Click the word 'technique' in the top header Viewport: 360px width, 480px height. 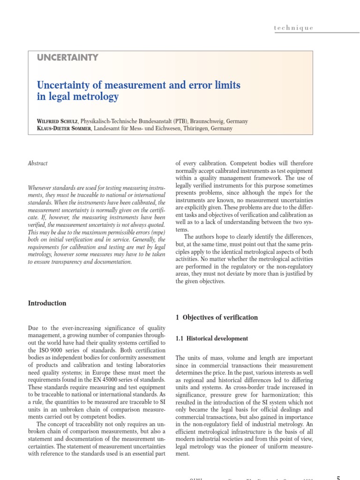pos(293,28)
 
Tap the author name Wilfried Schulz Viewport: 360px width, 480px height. pos(58,121)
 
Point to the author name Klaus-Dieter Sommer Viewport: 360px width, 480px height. pos(65,128)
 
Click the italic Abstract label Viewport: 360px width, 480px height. pos(38,163)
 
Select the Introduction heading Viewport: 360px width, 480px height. pos(47,303)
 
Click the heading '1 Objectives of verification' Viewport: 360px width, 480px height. pos(217,317)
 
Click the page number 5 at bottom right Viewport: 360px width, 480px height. pos(338,478)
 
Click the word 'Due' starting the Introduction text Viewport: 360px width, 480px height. pos(34,329)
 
